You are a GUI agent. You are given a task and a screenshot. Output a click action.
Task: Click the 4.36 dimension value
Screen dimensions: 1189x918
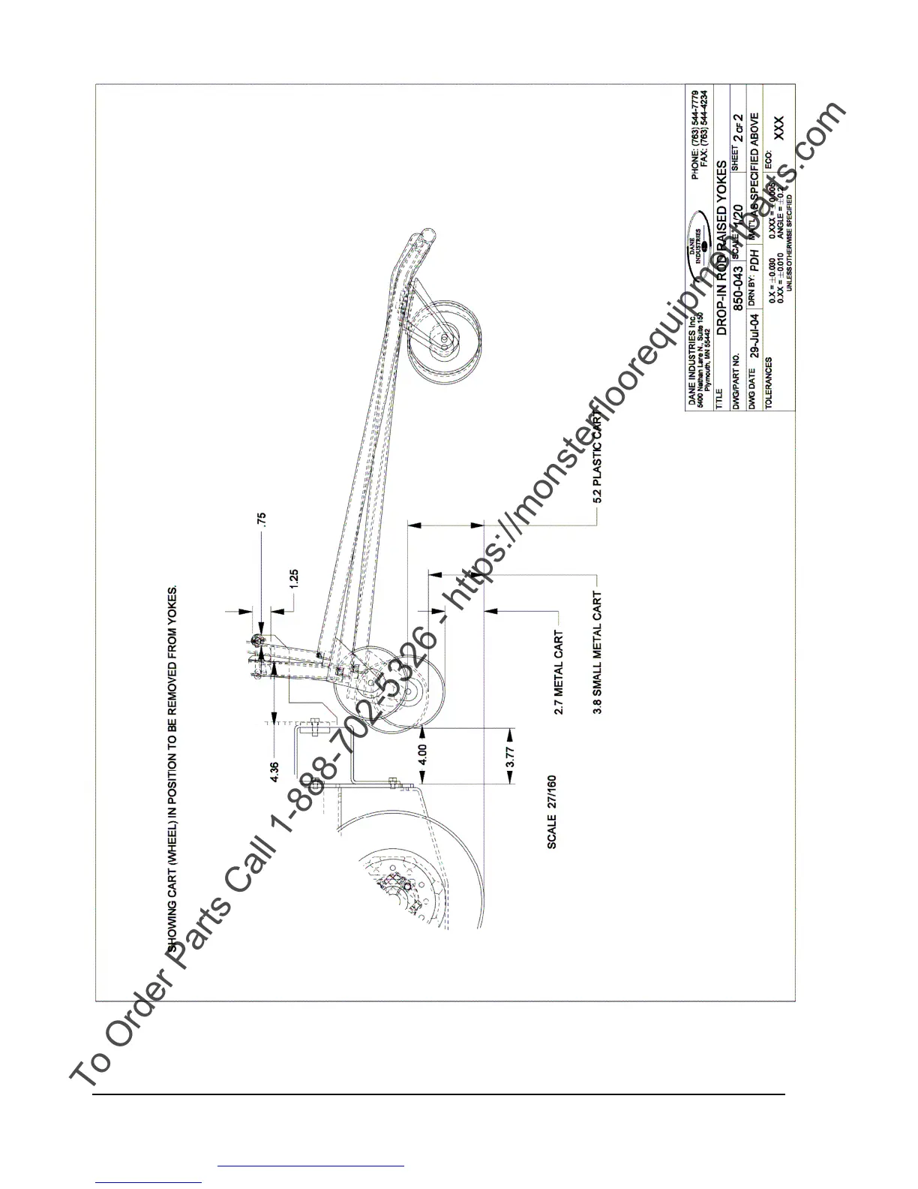click(x=274, y=772)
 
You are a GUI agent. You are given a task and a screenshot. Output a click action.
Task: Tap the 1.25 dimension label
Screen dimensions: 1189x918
click(x=294, y=579)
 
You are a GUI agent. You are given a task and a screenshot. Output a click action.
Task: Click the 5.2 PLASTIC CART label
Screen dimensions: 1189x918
click(x=598, y=453)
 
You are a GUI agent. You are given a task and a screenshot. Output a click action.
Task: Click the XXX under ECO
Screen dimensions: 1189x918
click(x=778, y=128)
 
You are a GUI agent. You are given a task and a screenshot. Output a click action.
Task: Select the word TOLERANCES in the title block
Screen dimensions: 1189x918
click(x=768, y=383)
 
